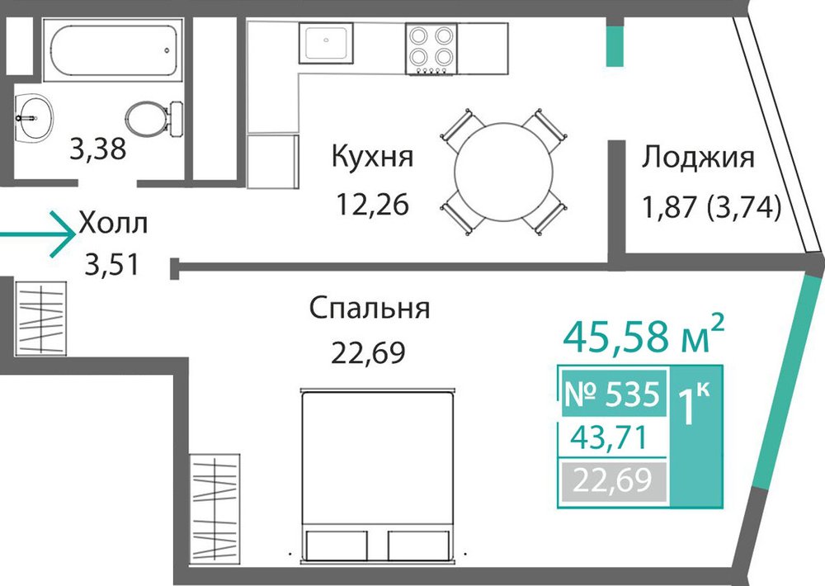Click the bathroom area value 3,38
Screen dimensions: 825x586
click(x=98, y=149)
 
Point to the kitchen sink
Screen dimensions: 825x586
click(x=326, y=43)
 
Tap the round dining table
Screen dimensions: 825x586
click(x=503, y=172)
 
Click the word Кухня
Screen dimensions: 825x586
click(x=373, y=156)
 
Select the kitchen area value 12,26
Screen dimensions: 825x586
click(x=373, y=205)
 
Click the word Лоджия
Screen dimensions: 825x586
click(x=698, y=158)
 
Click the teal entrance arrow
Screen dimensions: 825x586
click(x=38, y=234)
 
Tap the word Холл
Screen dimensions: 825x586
click(x=113, y=223)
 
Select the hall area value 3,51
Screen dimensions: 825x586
click(x=112, y=265)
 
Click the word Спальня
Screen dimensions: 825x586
click(x=370, y=308)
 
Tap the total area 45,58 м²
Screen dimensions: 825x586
click(x=643, y=335)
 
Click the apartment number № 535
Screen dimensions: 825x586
click(x=612, y=394)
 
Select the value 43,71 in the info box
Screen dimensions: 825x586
click(x=610, y=437)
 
